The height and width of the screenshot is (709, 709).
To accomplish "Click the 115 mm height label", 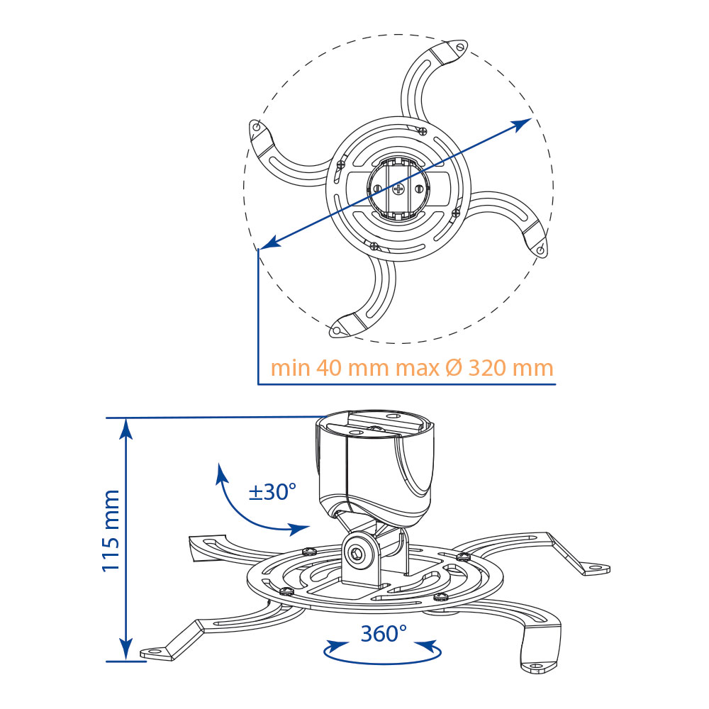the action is tap(111, 531).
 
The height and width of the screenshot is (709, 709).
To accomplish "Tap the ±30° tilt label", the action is tap(273, 491).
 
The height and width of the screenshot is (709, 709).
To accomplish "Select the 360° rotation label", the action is tap(384, 633).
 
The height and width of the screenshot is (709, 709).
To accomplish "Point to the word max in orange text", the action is tap(418, 369).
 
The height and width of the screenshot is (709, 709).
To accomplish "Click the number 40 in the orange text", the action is tap(329, 368).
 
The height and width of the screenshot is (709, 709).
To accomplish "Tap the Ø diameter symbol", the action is tap(454, 368).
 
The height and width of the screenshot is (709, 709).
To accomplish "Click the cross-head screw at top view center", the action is tap(398, 189).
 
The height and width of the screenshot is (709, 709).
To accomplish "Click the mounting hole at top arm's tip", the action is tap(460, 47).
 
